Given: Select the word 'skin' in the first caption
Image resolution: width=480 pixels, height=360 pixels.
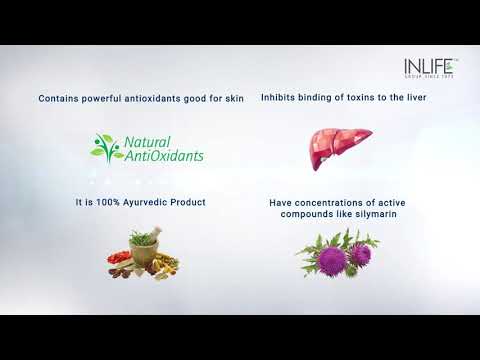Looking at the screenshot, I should pyautogui.click(x=234, y=99).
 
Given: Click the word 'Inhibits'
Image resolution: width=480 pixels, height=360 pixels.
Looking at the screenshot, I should pyautogui.click(x=279, y=99).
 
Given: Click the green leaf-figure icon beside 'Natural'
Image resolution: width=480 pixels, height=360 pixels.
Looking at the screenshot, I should pyautogui.click(x=106, y=148).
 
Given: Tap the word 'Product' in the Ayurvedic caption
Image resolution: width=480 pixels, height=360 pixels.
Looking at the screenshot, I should pyautogui.click(x=188, y=202).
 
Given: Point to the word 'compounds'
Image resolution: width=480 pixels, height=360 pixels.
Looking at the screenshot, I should pyautogui.click(x=299, y=215).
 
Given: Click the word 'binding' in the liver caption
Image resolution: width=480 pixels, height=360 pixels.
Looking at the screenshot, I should pyautogui.click(x=316, y=99).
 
